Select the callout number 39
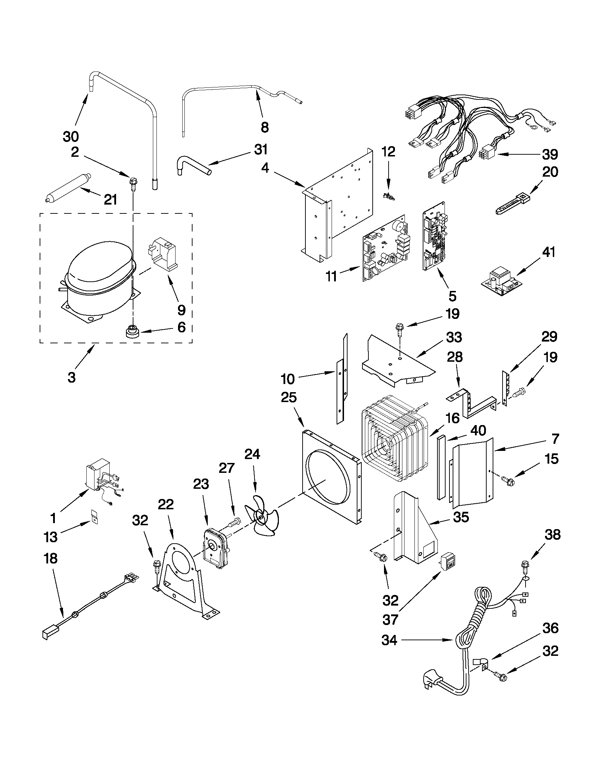(550, 154)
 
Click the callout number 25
(288, 397)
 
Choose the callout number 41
(549, 252)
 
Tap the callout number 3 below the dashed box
(72, 377)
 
